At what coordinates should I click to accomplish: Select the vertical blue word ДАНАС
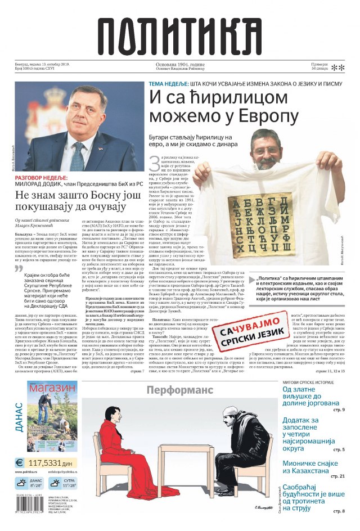click(19, 416)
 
